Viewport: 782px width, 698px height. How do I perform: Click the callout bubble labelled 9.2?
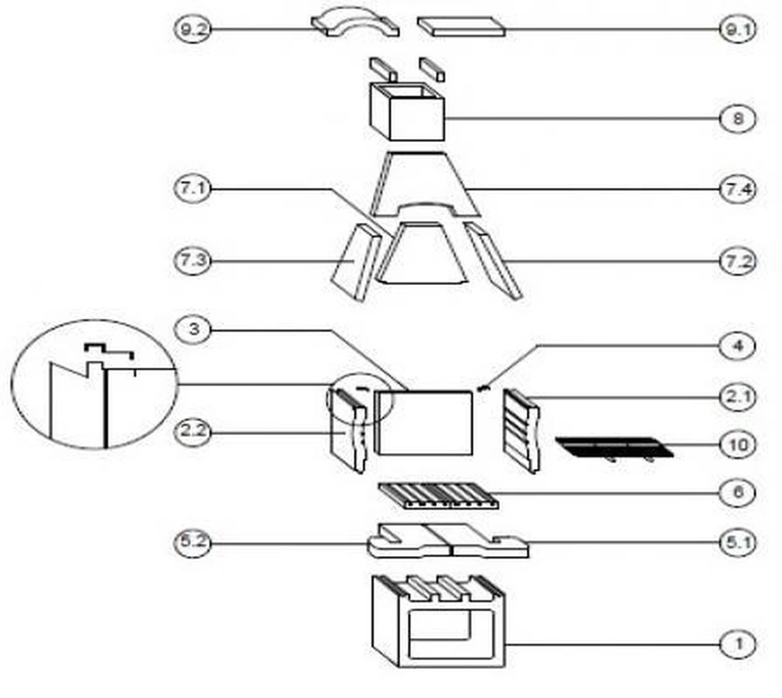tap(193, 29)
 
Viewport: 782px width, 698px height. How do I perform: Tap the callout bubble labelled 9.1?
tap(738, 29)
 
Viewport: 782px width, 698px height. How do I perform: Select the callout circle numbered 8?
tap(738, 119)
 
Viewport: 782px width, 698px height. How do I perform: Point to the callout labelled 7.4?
tap(738, 190)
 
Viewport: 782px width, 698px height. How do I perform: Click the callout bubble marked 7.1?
tap(193, 190)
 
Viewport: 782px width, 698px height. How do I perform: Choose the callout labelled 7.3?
tap(193, 261)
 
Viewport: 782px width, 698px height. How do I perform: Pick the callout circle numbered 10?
tap(738, 445)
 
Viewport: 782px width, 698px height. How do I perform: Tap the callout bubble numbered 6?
tap(738, 492)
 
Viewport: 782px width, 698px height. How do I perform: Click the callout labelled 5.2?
tap(193, 542)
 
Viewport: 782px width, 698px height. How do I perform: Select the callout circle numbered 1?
tap(738, 645)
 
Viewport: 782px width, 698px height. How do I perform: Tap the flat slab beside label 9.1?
tap(461, 27)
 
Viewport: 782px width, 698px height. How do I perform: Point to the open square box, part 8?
tap(407, 112)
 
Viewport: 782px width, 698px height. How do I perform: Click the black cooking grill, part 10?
tap(613, 447)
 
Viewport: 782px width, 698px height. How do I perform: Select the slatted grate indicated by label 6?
tap(439, 496)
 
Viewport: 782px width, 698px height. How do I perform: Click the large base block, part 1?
tap(438, 622)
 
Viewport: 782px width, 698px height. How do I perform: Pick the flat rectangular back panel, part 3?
tap(424, 422)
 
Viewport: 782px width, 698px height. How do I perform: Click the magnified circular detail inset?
tap(94, 384)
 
